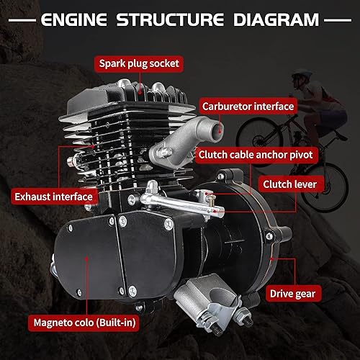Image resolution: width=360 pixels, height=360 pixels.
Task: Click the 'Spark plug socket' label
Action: point(138,63)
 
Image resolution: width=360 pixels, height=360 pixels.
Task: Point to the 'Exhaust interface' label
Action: point(53,195)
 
